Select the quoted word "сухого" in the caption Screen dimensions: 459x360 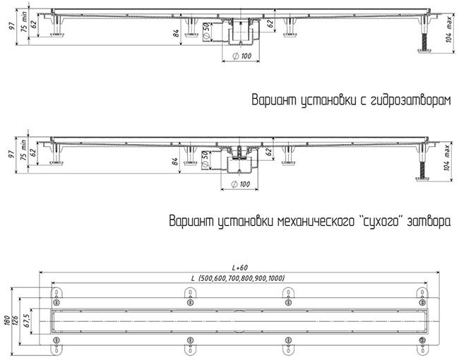pos(380,221)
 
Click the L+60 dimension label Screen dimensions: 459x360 pos(240,268)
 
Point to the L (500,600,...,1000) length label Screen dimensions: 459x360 pos(238,278)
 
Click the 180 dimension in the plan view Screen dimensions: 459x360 pos(8,320)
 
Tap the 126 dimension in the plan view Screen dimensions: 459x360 pos(16,321)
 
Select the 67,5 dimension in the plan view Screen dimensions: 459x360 pos(27,320)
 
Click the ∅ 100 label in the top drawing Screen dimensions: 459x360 pos(242,56)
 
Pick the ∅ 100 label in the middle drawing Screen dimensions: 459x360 pos(241,184)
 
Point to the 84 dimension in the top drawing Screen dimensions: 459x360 pos(176,33)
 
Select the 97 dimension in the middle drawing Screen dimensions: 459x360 pos(11,155)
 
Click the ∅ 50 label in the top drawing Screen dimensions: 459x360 pos(206,31)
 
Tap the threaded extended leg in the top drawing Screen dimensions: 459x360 pos(424,42)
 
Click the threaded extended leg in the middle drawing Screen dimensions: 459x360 pos(422,171)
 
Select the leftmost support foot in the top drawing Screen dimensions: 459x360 pos(56,27)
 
